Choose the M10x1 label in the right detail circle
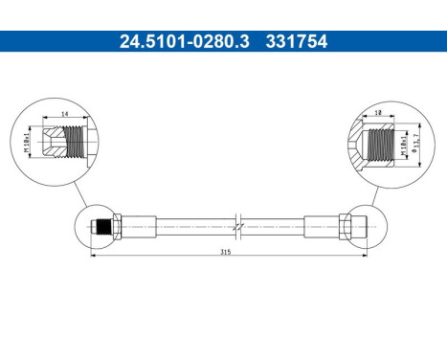(x=407, y=146)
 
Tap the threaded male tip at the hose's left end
(x=97, y=228)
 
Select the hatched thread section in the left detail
(x=71, y=144)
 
